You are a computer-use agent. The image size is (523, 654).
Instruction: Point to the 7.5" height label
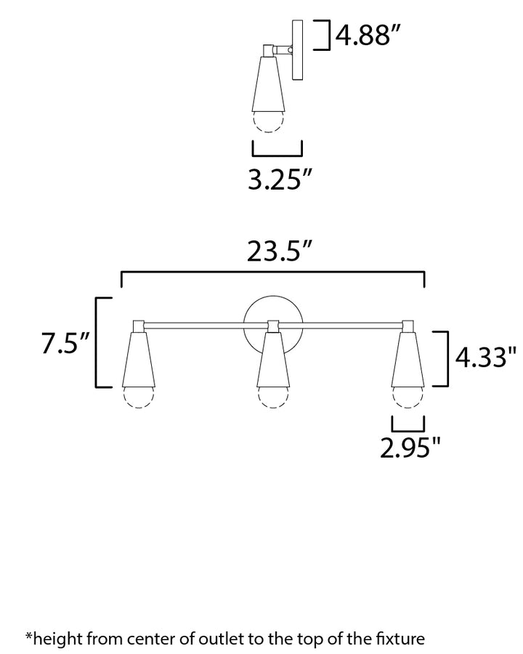[65, 344]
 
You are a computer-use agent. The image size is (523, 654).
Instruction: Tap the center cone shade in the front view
[273, 360]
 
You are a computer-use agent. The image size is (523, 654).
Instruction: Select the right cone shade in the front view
[408, 360]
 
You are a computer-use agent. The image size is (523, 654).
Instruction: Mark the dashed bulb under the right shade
[408, 398]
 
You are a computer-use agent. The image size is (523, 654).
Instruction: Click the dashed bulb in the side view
[267, 121]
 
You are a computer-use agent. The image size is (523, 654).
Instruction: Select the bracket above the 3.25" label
[277, 150]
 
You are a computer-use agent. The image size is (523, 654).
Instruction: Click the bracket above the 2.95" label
[408, 423]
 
